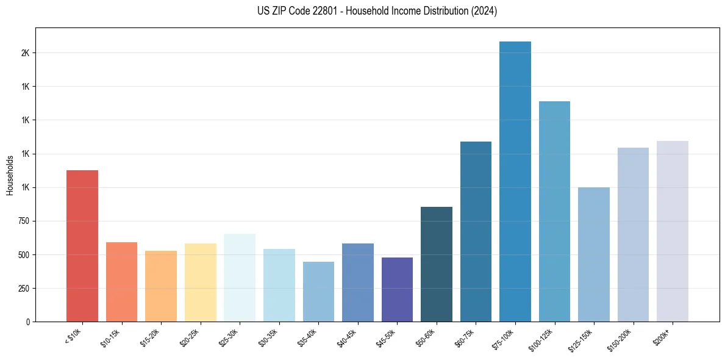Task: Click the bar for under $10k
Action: [82, 246]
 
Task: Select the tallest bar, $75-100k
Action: [515, 181]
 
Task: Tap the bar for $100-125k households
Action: [554, 211]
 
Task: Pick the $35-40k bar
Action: [318, 292]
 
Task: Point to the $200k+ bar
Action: [673, 231]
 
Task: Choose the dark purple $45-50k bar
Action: [397, 289]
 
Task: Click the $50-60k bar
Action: [437, 264]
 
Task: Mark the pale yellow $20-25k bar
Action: [201, 283]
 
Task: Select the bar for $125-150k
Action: [594, 254]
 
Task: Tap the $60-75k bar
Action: [476, 231]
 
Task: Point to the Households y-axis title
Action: [10, 175]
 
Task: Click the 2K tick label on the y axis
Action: [25, 53]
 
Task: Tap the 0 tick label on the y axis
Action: [28, 322]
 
